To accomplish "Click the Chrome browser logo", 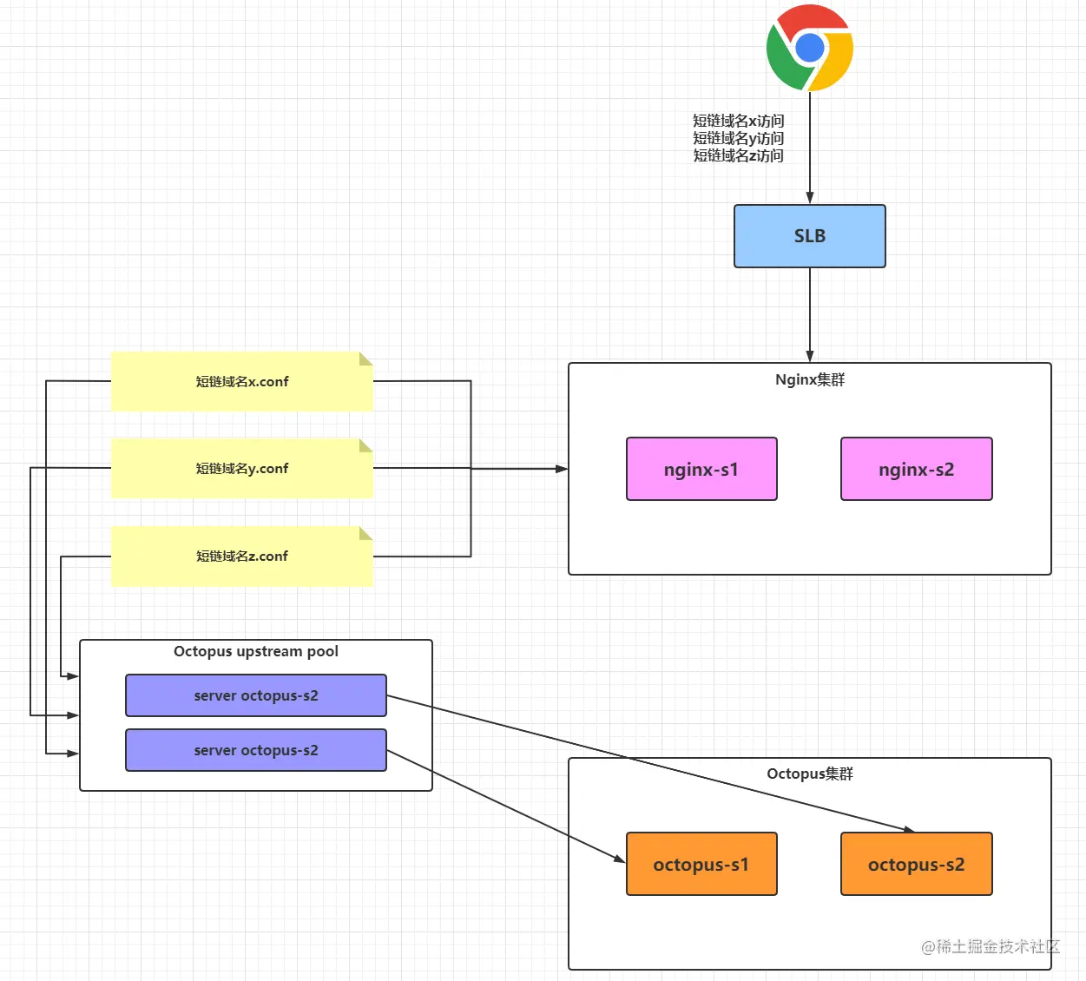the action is pos(809,48).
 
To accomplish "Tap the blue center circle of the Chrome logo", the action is pos(810,48).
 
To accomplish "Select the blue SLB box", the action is pos(809,236).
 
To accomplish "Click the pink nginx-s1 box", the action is pos(701,469).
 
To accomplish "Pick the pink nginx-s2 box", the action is pos(916,469).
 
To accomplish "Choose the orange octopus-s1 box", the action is pos(701,864).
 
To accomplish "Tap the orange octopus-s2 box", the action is pos(916,864).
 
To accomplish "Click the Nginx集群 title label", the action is pos(810,380).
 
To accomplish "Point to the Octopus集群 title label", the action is pos(810,774).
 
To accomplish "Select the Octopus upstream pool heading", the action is pos(255,651).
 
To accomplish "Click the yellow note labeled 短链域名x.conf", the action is pos(242,382).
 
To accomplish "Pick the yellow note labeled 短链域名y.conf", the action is pos(242,468).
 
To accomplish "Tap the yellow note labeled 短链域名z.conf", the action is pos(242,556).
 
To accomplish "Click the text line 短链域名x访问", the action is pos(739,121).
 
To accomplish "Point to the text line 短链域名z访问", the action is pos(739,156).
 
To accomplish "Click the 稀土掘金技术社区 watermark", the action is pos(991,946).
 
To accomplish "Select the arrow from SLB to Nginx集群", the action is pos(810,315).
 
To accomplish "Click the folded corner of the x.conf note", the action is pos(366,359).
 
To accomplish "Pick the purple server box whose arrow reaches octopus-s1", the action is pos(255,750).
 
